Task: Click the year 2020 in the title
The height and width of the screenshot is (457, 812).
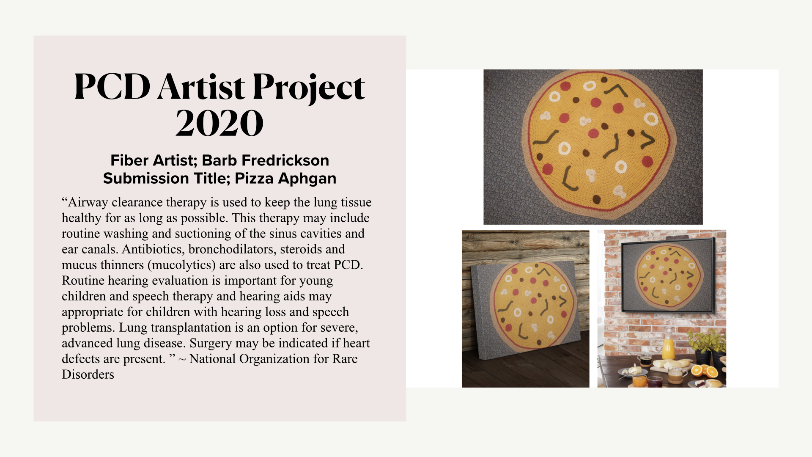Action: tap(219, 123)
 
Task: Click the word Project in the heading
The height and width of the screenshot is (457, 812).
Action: tap(309, 88)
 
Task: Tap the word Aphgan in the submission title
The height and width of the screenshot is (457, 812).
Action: tap(307, 179)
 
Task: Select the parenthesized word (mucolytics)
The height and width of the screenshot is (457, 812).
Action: tap(181, 265)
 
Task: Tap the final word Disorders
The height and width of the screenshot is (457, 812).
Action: tap(88, 374)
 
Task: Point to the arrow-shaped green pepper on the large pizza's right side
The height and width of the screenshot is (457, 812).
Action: tap(647, 140)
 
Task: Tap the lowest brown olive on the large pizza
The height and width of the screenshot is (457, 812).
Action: tap(596, 199)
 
